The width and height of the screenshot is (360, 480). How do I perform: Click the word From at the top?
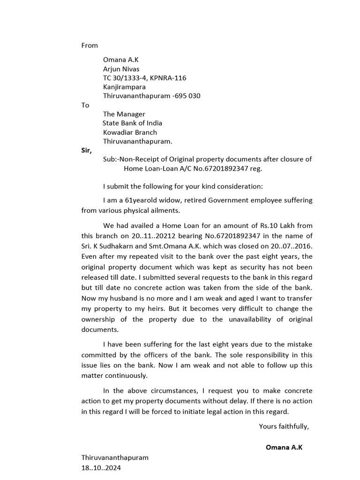coord(90,45)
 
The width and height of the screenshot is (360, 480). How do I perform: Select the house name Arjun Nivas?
coord(121,69)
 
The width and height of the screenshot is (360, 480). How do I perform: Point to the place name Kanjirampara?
coord(124,87)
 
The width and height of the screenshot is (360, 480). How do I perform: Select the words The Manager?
coord(124,114)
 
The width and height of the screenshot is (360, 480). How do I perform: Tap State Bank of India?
coord(133,123)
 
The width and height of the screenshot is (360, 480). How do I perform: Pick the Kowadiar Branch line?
coord(130,132)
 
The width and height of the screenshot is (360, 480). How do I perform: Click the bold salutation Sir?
coord(87,150)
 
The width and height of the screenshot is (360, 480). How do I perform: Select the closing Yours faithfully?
coord(284,426)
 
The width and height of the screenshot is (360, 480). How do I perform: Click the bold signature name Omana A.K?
coord(284,447)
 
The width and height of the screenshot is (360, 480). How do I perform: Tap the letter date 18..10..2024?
coord(101,467)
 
